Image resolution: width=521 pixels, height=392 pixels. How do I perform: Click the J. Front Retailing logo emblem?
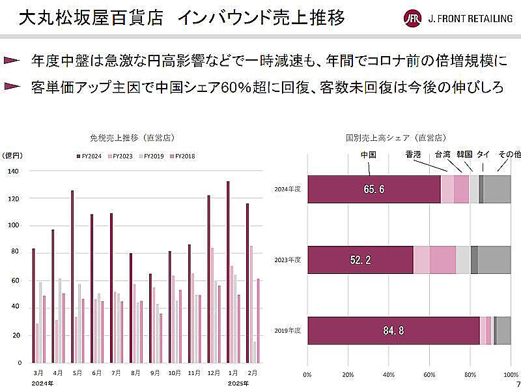pyautogui.click(x=412, y=18)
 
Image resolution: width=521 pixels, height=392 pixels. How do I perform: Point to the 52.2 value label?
pyautogui.click(x=360, y=260)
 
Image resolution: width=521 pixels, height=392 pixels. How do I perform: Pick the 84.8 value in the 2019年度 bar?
pyautogui.click(x=393, y=331)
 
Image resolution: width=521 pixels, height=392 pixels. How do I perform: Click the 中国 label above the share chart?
pyautogui.click(x=369, y=155)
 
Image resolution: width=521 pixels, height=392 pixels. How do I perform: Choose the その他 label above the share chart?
pyautogui.click(x=509, y=155)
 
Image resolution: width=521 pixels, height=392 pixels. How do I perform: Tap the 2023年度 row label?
pyautogui.click(x=288, y=260)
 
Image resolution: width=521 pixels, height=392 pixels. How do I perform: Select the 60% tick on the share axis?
pyautogui.click(x=429, y=375)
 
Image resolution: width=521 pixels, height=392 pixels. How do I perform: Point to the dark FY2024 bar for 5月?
pyautogui.click(x=72, y=277)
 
